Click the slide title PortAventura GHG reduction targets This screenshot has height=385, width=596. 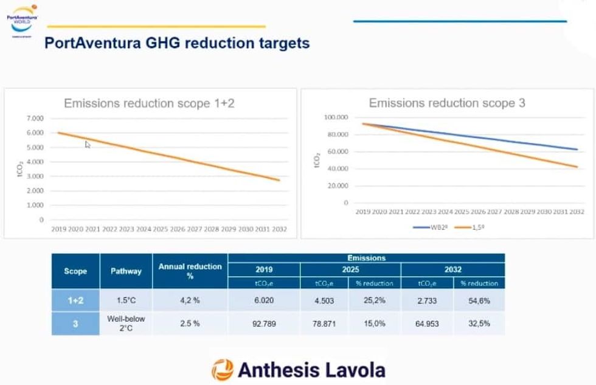point(178,44)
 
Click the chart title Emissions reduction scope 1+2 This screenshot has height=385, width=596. point(149,103)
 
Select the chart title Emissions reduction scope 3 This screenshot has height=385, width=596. point(446,103)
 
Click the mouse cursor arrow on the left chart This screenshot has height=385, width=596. point(88,144)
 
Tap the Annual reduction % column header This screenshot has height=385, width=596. point(190,271)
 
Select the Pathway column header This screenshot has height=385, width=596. point(126,271)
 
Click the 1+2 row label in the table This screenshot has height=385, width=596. point(75,301)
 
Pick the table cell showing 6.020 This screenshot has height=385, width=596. point(263,301)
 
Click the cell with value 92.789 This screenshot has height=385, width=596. point(263,324)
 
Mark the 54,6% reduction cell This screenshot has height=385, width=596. point(479,301)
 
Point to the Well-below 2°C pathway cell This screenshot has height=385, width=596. point(126,324)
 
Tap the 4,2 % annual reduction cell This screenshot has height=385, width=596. point(190,301)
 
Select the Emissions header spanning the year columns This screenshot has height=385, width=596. point(366,258)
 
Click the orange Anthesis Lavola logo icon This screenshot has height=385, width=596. point(222,369)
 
